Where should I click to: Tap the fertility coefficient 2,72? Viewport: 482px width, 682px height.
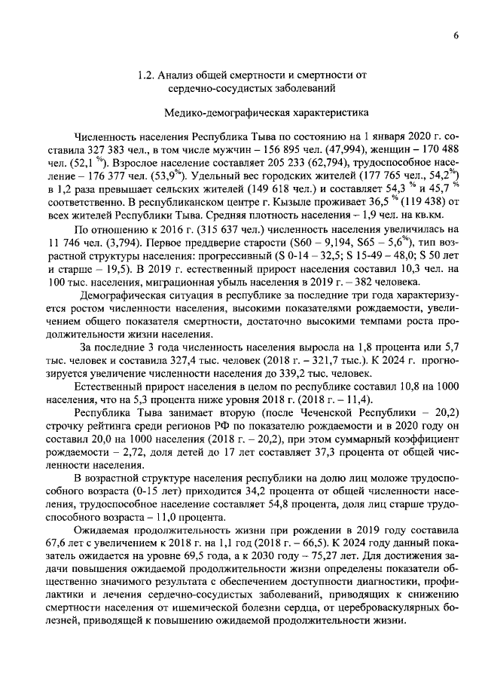(134, 448)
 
